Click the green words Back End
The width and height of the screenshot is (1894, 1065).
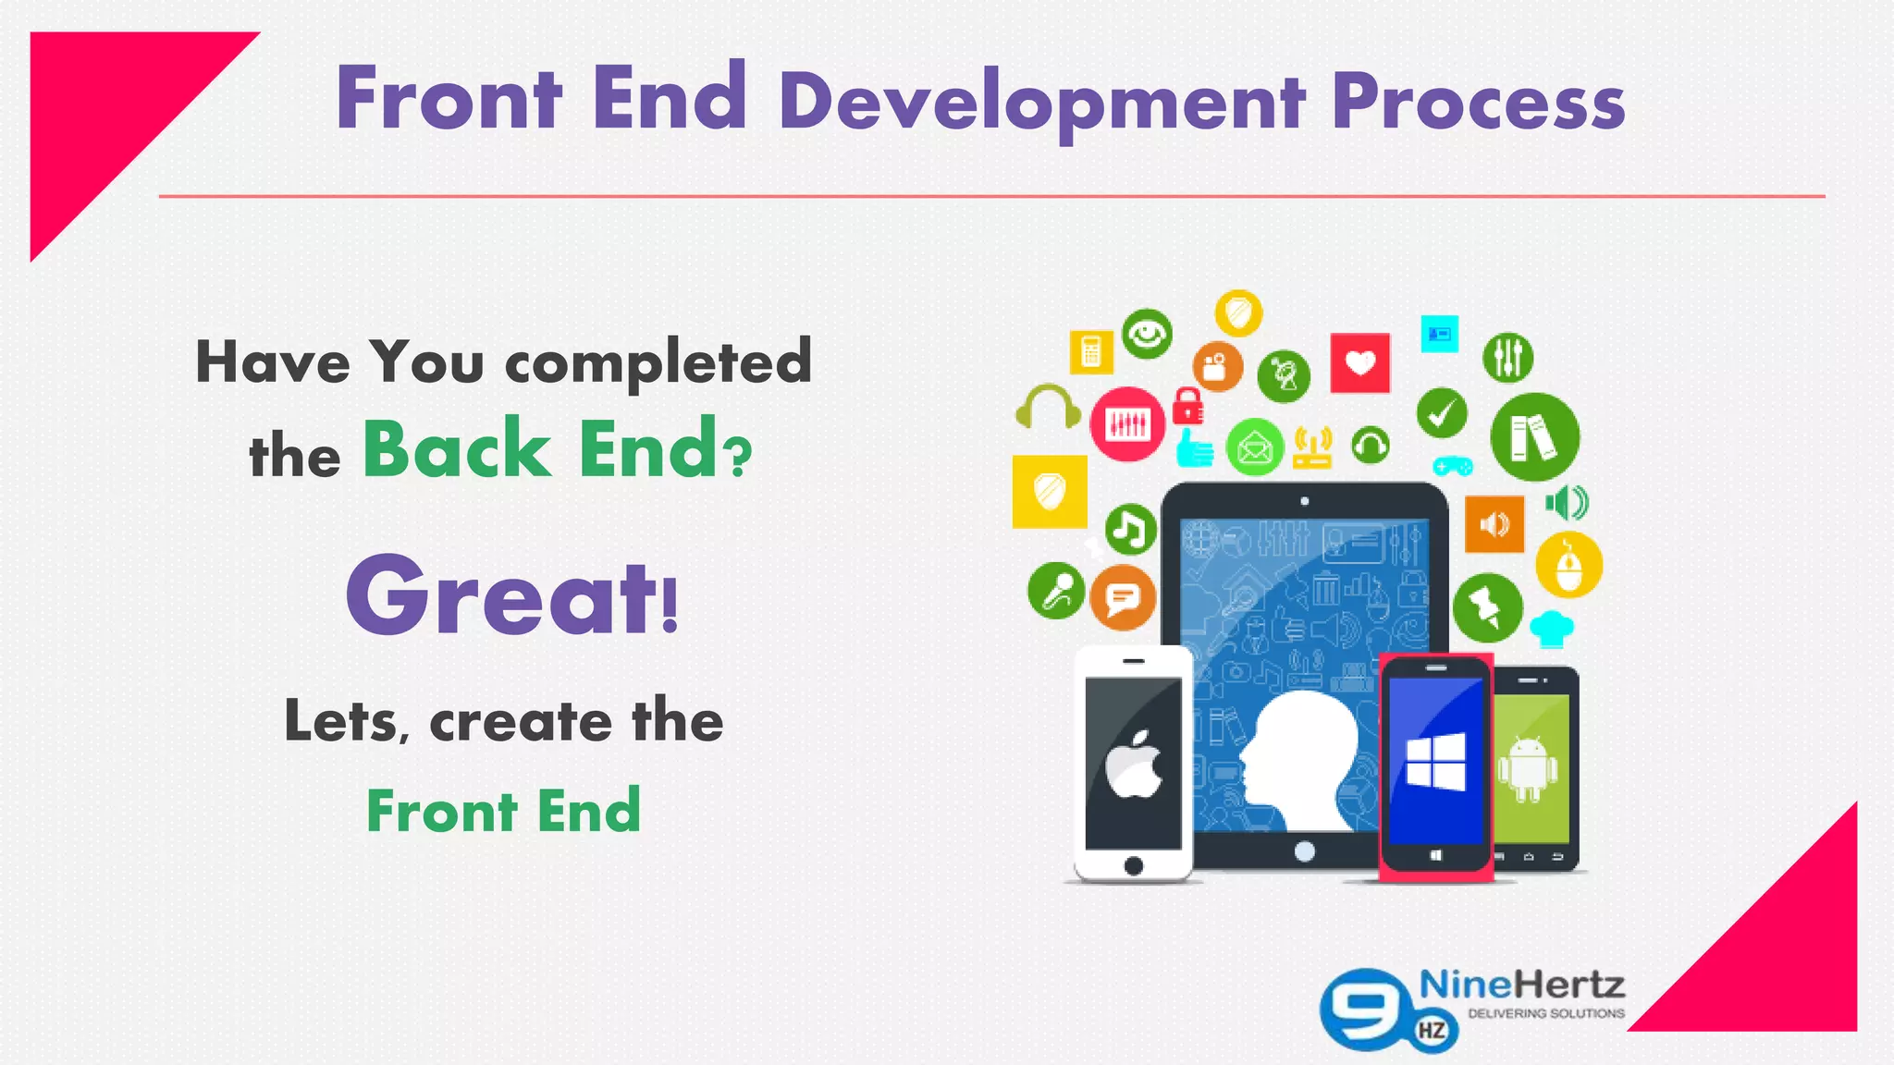[542, 449]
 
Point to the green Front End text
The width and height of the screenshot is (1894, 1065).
[504, 811]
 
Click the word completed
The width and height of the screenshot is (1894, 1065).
[658, 362]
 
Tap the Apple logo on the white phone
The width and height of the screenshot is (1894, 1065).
[1134, 765]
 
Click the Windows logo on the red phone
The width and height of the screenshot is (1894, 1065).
[1435, 761]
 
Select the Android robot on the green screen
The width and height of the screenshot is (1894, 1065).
[1527, 768]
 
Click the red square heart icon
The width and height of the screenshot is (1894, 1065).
[1359, 363]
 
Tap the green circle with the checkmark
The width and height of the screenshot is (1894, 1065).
[1442, 413]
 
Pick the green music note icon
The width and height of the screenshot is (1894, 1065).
[1129, 530]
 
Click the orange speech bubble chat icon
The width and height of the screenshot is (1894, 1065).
[1123, 598]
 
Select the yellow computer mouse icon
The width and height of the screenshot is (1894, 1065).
[1568, 565]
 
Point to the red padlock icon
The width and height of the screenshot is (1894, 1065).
[1187, 405]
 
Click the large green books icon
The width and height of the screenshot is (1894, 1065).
[1534, 436]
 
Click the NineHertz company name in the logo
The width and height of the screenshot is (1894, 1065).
[1521, 985]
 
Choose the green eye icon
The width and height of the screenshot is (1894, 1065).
[1147, 334]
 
